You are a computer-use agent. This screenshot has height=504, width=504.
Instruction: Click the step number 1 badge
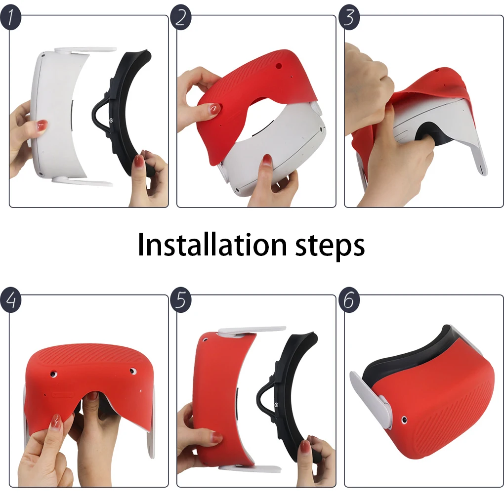[10, 18]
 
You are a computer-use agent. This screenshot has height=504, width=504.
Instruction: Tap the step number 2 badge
[181, 18]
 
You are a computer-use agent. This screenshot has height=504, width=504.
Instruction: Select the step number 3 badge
[349, 18]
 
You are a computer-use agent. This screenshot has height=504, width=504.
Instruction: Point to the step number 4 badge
[10, 300]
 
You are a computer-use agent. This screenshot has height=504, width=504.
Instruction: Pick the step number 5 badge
[181, 300]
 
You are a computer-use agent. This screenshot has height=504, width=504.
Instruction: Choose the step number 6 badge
[349, 300]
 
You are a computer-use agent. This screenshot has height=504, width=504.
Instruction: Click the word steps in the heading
[330, 247]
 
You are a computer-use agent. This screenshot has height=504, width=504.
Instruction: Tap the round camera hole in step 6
[404, 420]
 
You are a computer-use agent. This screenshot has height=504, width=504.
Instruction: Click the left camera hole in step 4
[53, 374]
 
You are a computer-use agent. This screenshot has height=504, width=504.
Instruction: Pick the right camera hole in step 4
[132, 371]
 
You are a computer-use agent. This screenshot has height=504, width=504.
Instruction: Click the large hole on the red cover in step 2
[279, 66]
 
